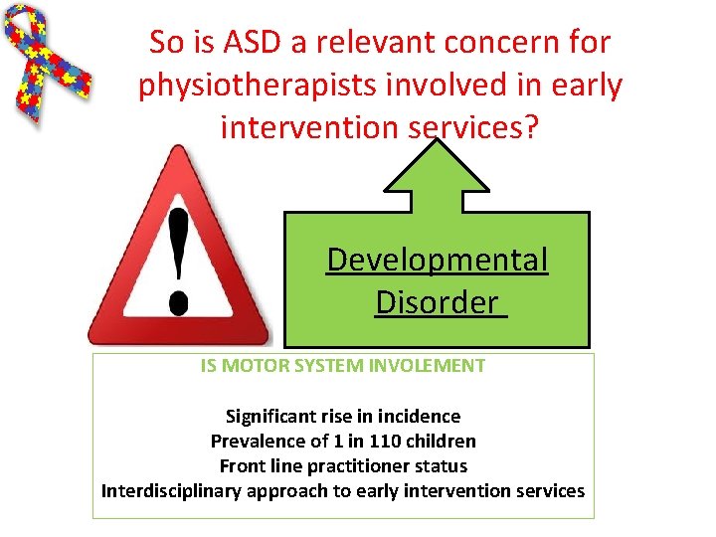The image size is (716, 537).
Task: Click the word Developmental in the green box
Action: (x=437, y=260)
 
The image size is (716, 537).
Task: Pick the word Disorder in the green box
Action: (x=437, y=300)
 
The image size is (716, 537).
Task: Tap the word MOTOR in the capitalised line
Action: (x=251, y=366)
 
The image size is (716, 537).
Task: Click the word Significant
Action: (x=272, y=416)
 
